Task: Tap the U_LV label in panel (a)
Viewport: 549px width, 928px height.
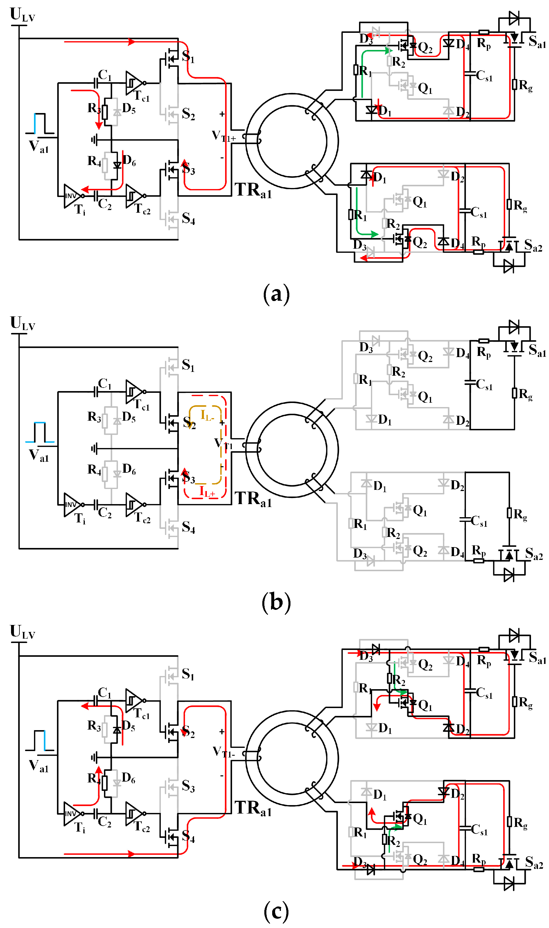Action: click(22, 15)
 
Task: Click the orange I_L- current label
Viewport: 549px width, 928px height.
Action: click(207, 415)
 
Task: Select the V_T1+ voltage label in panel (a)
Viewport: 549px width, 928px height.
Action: click(223, 136)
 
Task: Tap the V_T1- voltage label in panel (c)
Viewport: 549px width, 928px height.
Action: click(223, 752)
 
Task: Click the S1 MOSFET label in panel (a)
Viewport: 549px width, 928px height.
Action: click(188, 56)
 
